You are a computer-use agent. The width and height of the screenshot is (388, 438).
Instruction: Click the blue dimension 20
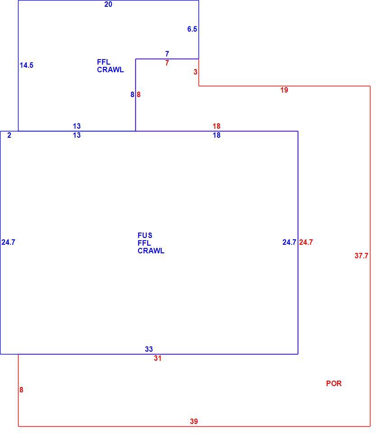pyautogui.click(x=108, y=5)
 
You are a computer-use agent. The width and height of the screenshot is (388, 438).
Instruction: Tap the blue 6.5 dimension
pyautogui.click(x=192, y=29)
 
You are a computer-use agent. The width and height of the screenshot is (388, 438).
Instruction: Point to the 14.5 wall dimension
pyautogui.click(x=26, y=65)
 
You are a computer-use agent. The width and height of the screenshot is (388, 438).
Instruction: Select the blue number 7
pyautogui.click(x=167, y=54)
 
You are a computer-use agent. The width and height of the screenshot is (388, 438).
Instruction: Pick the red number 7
pyautogui.click(x=167, y=63)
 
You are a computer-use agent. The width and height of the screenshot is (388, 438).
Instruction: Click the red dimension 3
pyautogui.click(x=195, y=72)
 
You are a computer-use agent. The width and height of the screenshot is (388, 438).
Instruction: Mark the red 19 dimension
pyautogui.click(x=284, y=90)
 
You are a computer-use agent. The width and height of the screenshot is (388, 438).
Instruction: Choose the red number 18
pyautogui.click(x=217, y=126)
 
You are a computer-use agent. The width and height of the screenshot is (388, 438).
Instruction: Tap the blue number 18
pyautogui.click(x=217, y=135)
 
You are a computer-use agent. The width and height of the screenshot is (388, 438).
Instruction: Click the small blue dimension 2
pyautogui.click(x=9, y=135)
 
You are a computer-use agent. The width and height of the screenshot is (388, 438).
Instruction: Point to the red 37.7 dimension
pyautogui.click(x=361, y=256)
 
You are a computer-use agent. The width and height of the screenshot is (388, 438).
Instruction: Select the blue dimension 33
pyautogui.click(x=149, y=349)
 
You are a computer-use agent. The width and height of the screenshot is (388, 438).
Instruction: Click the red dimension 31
pyautogui.click(x=158, y=359)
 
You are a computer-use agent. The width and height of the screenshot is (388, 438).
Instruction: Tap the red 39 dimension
pyautogui.click(x=194, y=422)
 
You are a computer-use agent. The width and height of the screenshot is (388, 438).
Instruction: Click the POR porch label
pyautogui.click(x=334, y=383)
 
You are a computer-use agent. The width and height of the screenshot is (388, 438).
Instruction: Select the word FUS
pyautogui.click(x=145, y=235)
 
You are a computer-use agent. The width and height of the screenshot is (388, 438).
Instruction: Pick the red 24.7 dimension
pyautogui.click(x=306, y=242)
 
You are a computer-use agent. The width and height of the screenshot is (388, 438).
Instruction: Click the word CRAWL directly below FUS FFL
pyautogui.click(x=151, y=251)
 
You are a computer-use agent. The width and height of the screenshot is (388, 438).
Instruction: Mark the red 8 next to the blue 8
pyautogui.click(x=139, y=95)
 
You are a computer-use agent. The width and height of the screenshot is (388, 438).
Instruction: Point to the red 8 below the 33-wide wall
pyautogui.click(x=21, y=390)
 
